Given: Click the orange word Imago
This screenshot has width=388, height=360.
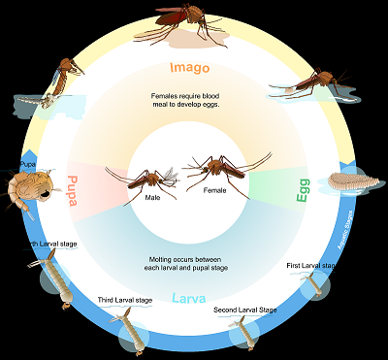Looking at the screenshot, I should tap(189, 68).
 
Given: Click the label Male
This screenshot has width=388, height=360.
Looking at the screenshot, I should tap(152, 197).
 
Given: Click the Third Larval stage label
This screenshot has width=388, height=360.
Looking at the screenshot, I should tap(125, 301).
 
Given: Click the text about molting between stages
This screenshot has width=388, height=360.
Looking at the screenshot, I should tap(190, 264).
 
